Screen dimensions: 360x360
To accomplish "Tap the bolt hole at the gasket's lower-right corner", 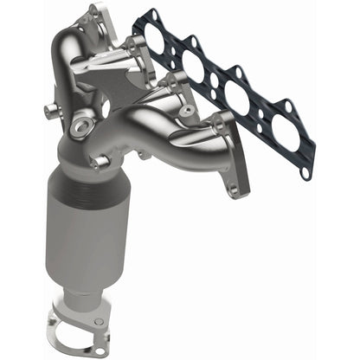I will pyautogui.click(x=305, y=173).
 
